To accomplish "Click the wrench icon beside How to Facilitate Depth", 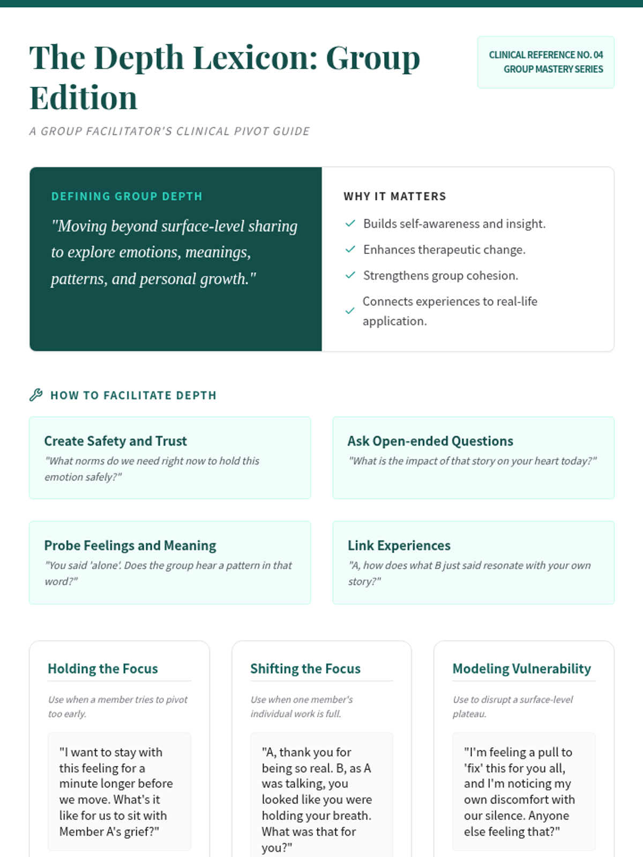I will click(36, 395).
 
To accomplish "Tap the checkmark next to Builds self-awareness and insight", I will click(350, 223).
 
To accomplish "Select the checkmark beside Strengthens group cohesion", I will click(350, 275).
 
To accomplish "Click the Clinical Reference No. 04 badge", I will click(545, 62).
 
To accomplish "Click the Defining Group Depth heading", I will click(126, 196).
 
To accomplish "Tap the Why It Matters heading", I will click(394, 196).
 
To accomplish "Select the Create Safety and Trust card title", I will click(115, 441).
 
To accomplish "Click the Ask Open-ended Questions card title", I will click(430, 441).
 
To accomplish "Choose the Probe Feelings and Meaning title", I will click(130, 545).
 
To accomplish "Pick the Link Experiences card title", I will click(399, 545).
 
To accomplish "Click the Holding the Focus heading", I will click(102, 668).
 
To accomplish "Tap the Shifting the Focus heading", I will click(305, 668).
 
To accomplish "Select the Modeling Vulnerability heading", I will click(521, 668).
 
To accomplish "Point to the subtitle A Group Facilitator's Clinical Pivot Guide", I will click(169, 131).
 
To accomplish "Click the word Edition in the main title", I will click(83, 98).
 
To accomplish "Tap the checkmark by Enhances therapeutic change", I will click(350, 250).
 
